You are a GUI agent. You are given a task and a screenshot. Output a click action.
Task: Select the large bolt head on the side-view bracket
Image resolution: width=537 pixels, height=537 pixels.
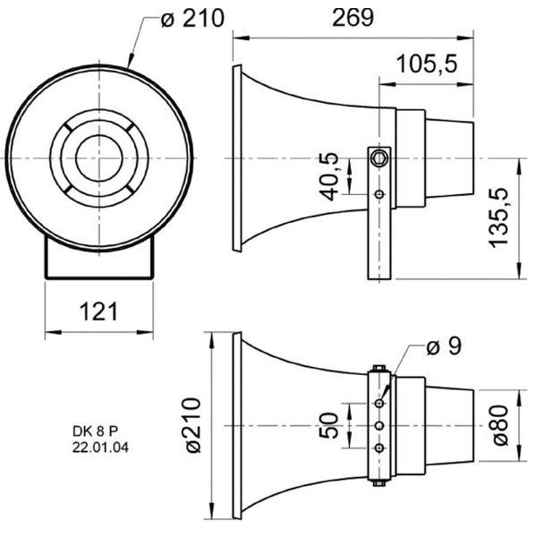(379, 158)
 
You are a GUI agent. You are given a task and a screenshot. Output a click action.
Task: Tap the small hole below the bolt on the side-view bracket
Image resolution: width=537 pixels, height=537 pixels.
(379, 194)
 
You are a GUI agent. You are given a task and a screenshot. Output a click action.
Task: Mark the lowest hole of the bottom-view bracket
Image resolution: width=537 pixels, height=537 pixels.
(379, 447)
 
